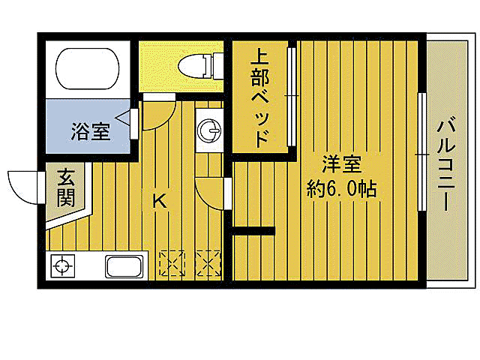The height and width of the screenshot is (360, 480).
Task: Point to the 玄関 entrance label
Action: coord(65,188)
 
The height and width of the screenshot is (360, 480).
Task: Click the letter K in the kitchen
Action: coord(159,201)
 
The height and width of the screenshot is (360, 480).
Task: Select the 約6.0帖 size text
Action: coord(341,188)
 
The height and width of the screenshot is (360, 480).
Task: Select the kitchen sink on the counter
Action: coord(125,265)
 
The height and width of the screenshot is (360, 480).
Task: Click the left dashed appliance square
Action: coord(172,262)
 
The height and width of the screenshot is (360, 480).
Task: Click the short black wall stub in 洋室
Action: coord(253,229)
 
